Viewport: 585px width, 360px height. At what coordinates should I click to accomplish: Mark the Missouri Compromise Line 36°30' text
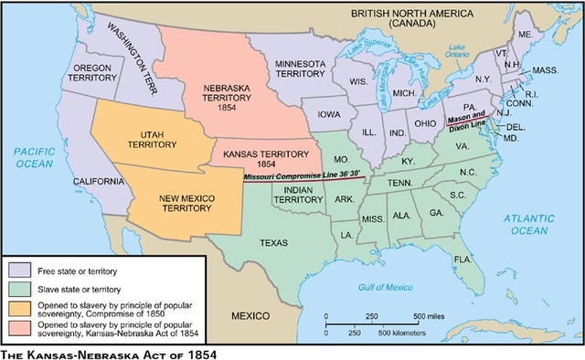point(302,174)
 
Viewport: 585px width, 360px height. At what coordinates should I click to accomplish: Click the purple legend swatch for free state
point(20,270)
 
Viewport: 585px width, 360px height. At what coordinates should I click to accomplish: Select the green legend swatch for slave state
point(20,288)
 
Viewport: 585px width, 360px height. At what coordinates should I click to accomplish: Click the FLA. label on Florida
point(467,259)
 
